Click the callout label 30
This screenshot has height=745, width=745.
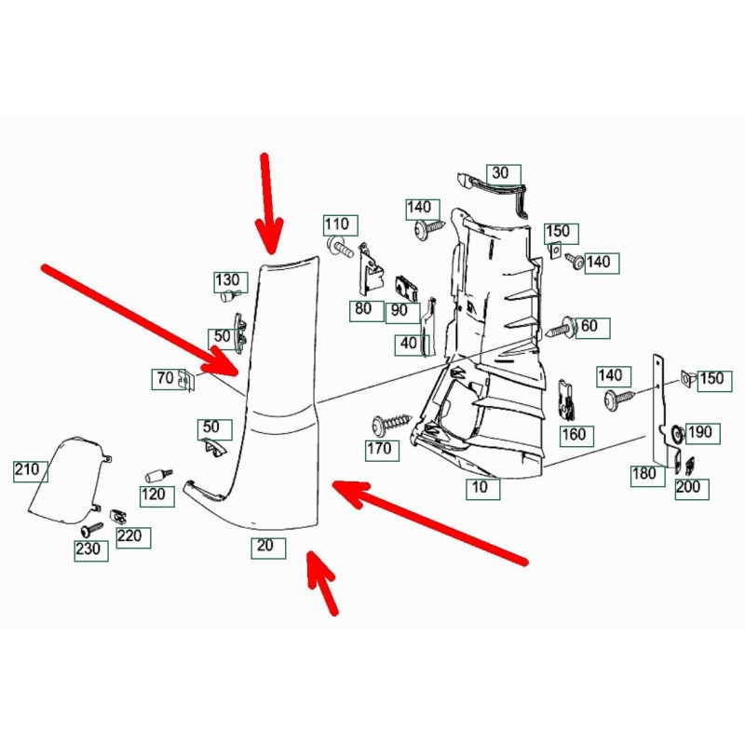[x=501, y=173]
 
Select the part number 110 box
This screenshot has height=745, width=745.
[x=336, y=224]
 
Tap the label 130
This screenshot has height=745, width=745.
[x=227, y=280]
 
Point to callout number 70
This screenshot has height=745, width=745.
[x=165, y=379]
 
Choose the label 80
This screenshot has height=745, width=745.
[x=362, y=309]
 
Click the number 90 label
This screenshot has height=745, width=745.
[x=400, y=309]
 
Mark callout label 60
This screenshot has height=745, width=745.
[x=589, y=326]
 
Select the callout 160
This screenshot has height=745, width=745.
[x=575, y=434]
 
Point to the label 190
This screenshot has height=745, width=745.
[x=698, y=432]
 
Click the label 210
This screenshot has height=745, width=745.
[x=27, y=470]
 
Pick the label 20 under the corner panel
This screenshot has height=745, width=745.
[x=264, y=548]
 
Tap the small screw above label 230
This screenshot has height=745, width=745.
[x=91, y=529]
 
